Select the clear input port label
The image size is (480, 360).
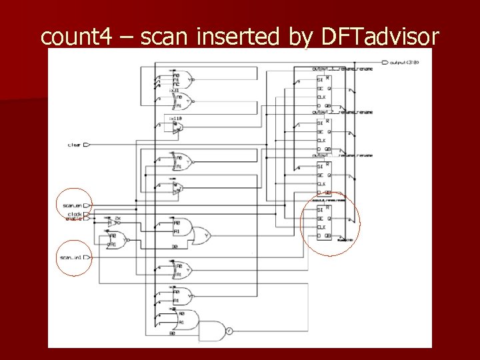[x=74, y=145]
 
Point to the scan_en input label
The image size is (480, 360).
[x=72, y=205]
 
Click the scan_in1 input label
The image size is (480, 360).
[x=71, y=257]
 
